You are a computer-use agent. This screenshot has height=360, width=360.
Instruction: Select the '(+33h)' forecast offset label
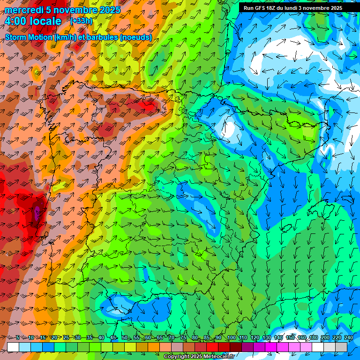(x=82, y=21)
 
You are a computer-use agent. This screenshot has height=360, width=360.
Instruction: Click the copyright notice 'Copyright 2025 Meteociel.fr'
(x=199, y=357)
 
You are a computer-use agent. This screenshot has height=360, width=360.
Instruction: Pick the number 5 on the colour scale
(x=18, y=337)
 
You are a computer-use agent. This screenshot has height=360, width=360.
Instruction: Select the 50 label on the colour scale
(x=124, y=337)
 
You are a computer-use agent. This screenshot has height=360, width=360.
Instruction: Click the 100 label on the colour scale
(x=231, y=337)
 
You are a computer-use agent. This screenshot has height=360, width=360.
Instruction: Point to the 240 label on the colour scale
(x=348, y=337)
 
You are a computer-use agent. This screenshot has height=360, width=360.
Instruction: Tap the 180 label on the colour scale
(x=313, y=337)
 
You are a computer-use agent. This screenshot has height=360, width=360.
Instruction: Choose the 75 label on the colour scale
(x=183, y=337)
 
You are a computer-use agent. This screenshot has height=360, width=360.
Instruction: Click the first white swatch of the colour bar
(x=13, y=347)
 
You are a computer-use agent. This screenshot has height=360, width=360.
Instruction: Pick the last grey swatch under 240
(x=341, y=347)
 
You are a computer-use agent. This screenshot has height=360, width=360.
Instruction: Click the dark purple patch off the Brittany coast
(x=37, y=213)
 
